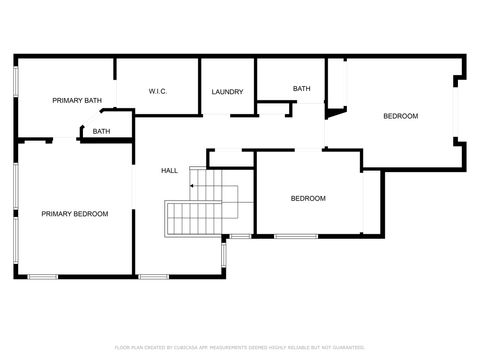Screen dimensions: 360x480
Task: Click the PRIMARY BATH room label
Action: (77, 100)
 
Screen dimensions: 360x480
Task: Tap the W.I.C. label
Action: (157, 92)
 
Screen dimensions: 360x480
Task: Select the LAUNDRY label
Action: (227, 92)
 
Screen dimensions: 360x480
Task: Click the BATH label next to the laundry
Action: (301, 89)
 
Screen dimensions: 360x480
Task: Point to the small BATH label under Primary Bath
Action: (101, 132)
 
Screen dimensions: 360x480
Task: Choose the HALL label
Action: (170, 171)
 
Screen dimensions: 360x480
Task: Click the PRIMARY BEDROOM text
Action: (74, 214)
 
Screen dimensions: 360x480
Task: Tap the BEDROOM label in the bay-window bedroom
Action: (400, 117)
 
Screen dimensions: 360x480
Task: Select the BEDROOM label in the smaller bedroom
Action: (308, 199)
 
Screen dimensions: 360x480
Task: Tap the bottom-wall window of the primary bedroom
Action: (43, 276)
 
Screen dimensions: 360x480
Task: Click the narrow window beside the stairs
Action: (224, 254)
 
